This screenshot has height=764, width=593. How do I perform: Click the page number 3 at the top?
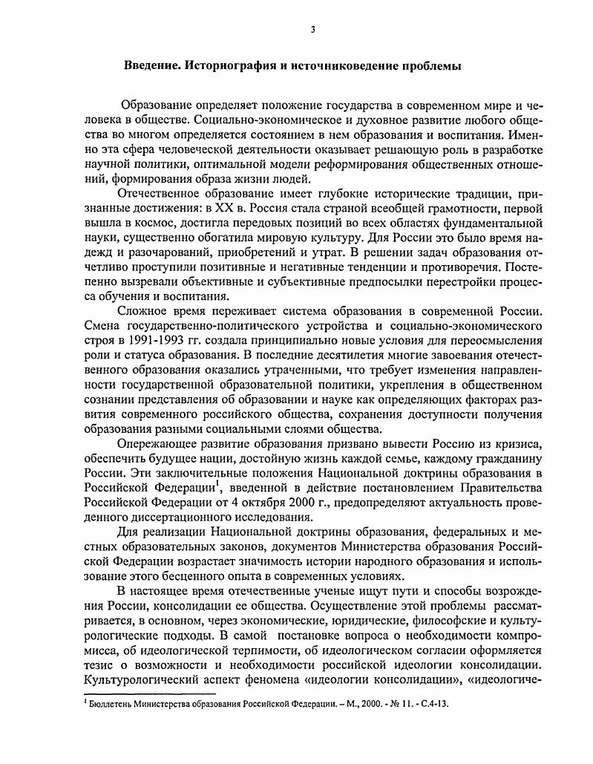(313, 29)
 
